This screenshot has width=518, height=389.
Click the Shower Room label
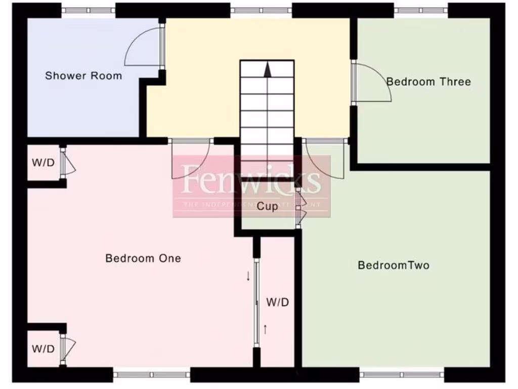pyautogui.click(x=83, y=76)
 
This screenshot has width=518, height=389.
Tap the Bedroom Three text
pyautogui.click(x=428, y=82)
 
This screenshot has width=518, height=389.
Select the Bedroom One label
pyautogui.click(x=143, y=258)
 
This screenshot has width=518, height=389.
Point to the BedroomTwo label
pyautogui.click(x=394, y=265)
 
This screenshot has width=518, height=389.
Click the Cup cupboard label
pyautogui.click(x=267, y=207)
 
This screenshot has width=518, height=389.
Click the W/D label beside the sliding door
pyautogui.click(x=278, y=303)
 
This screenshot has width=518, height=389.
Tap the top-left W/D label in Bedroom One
pyautogui.click(x=43, y=163)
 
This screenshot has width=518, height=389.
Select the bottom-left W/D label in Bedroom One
pyautogui.click(x=43, y=349)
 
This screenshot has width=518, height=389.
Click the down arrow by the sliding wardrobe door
pyautogui.click(x=248, y=276)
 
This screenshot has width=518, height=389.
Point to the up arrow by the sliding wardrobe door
pyautogui.click(x=265, y=329)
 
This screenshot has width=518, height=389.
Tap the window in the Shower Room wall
pyautogui.click(x=88, y=10)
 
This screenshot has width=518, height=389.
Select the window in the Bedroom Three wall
pyautogui.click(x=421, y=10)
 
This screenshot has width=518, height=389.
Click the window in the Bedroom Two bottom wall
pyautogui.click(x=402, y=375)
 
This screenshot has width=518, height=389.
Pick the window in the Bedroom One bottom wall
pyautogui.click(x=151, y=375)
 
